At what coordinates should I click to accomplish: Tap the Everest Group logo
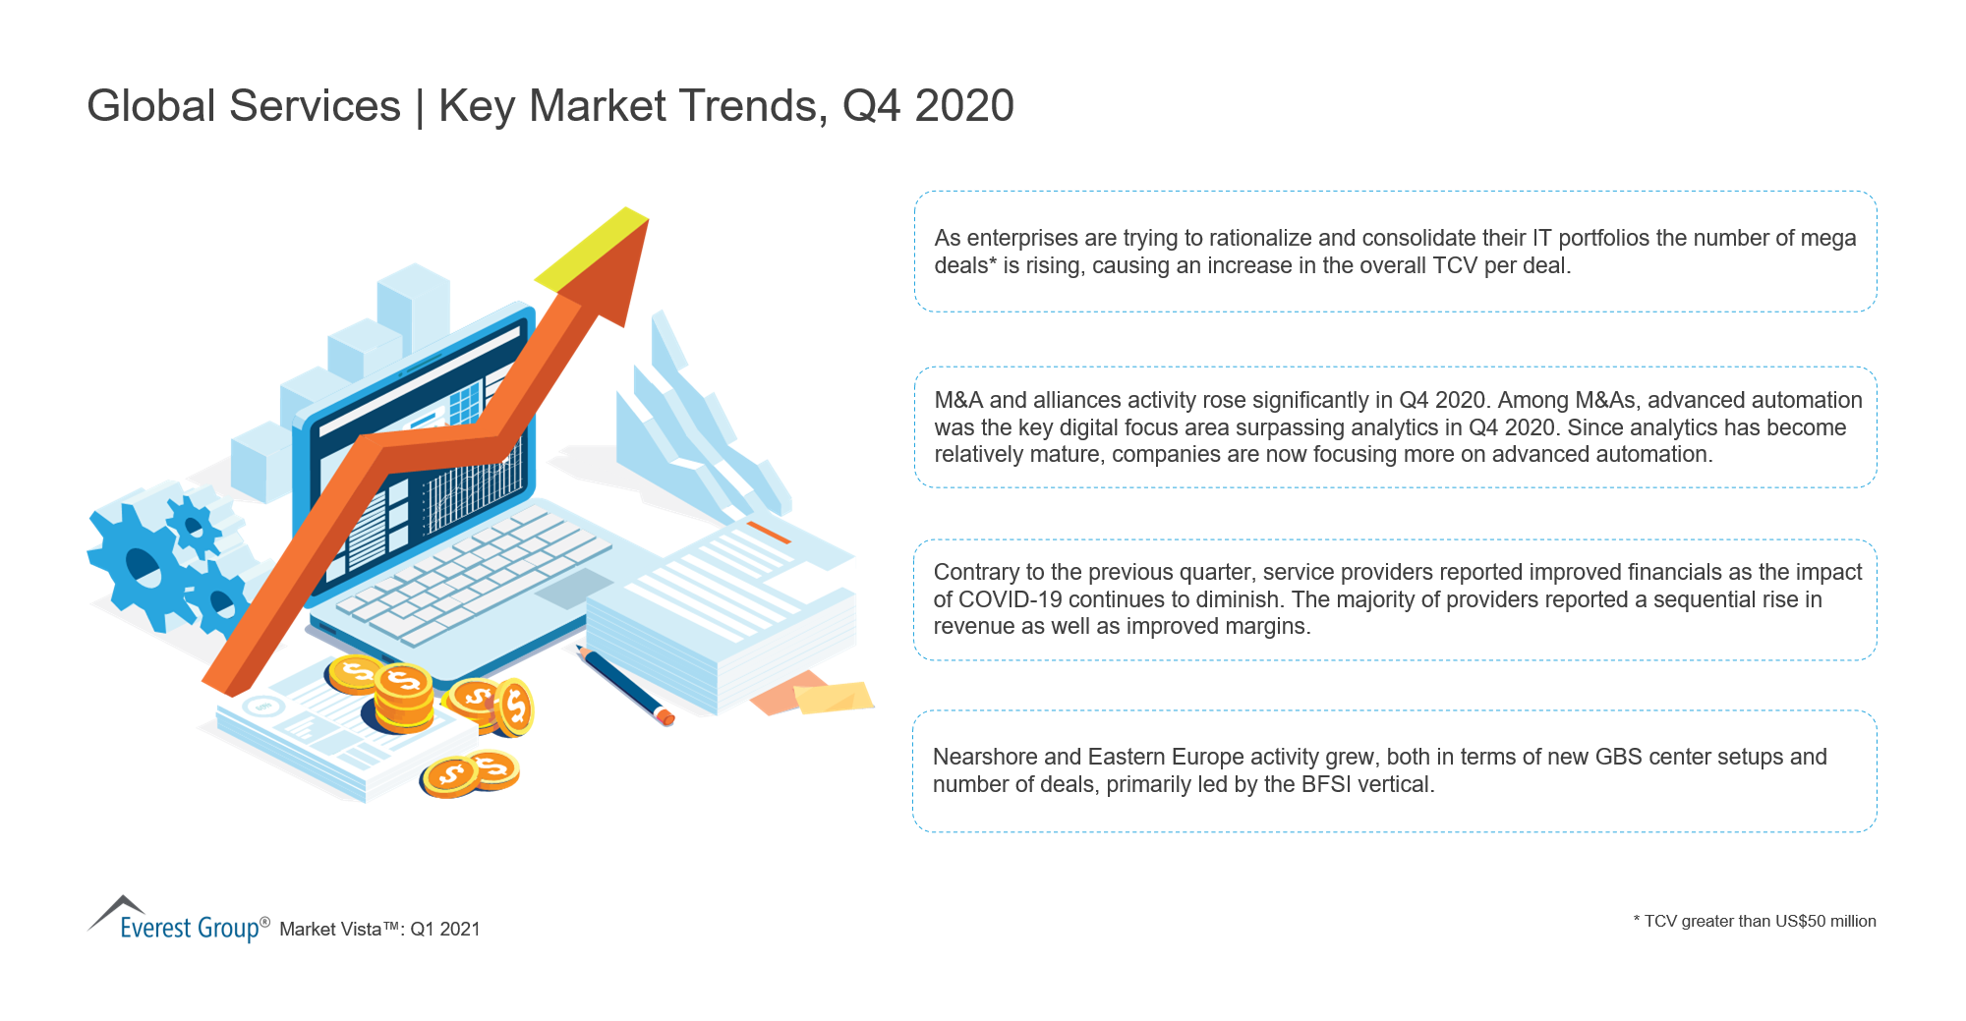(x=178, y=920)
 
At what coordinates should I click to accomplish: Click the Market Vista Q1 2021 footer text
(x=379, y=929)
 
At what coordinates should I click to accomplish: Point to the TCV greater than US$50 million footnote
(x=1755, y=921)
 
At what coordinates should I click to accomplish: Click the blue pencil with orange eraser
(x=625, y=686)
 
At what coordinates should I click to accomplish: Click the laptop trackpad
(x=574, y=588)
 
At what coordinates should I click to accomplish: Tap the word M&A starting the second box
(x=958, y=400)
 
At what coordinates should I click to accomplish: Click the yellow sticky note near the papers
(x=834, y=697)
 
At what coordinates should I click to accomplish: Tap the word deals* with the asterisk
(x=965, y=265)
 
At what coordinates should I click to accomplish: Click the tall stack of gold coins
(x=403, y=699)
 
